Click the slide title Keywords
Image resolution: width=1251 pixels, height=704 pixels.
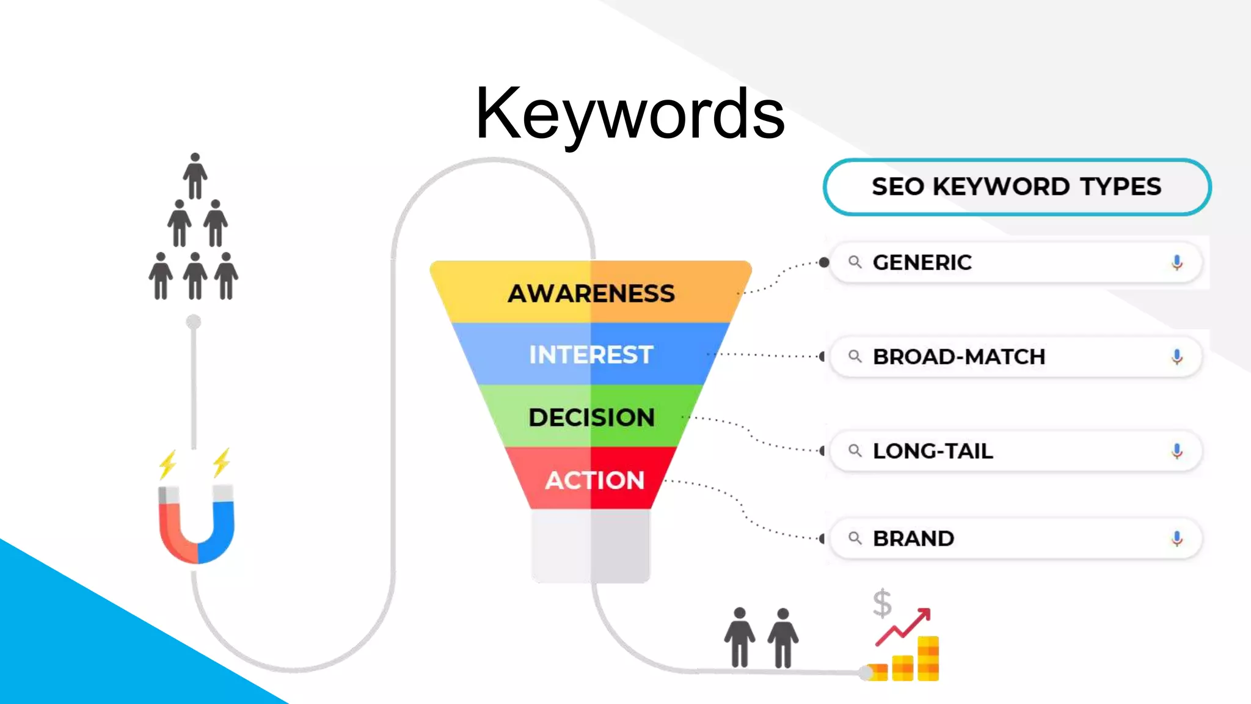click(x=630, y=114)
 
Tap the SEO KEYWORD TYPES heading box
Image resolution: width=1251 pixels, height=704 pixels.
click(x=1016, y=187)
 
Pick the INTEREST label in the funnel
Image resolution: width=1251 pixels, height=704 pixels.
click(x=591, y=355)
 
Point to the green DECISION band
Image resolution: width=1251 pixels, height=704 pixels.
click(x=591, y=417)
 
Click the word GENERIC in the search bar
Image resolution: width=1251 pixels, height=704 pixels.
click(x=922, y=263)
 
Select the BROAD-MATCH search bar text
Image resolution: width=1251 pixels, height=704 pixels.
click(x=959, y=357)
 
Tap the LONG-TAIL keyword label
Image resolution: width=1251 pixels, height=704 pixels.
click(x=933, y=451)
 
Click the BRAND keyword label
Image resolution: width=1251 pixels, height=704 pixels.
click(x=913, y=539)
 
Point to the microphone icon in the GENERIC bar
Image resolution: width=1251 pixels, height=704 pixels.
click(x=1177, y=263)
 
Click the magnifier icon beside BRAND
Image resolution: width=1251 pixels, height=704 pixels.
click(x=855, y=538)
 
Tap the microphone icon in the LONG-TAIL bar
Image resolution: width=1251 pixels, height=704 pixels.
click(x=1177, y=451)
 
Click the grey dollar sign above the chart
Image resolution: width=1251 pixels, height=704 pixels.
click(x=882, y=603)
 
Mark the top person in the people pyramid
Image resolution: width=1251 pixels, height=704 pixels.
click(x=195, y=176)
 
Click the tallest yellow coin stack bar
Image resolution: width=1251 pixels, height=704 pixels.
click(x=928, y=658)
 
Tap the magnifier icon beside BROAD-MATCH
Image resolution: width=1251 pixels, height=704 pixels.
click(x=855, y=356)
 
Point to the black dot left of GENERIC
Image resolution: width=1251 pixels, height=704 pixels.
click(x=824, y=263)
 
